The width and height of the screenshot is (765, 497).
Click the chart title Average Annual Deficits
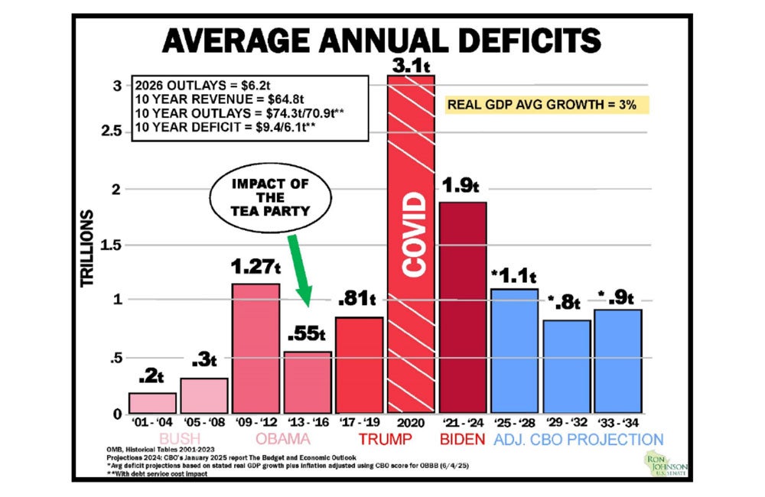(x=382, y=40)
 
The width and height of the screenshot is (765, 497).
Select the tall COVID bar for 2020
(x=411, y=245)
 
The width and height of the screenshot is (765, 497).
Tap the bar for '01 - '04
(x=151, y=403)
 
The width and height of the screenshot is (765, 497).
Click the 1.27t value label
(x=255, y=268)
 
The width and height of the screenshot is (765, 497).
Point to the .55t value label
(x=307, y=334)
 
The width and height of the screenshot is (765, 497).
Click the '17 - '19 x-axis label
(x=359, y=421)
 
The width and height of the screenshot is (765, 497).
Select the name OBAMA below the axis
(x=282, y=440)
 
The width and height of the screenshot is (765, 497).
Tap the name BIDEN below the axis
(x=462, y=440)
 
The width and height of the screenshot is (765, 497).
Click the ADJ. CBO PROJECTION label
(x=578, y=440)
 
